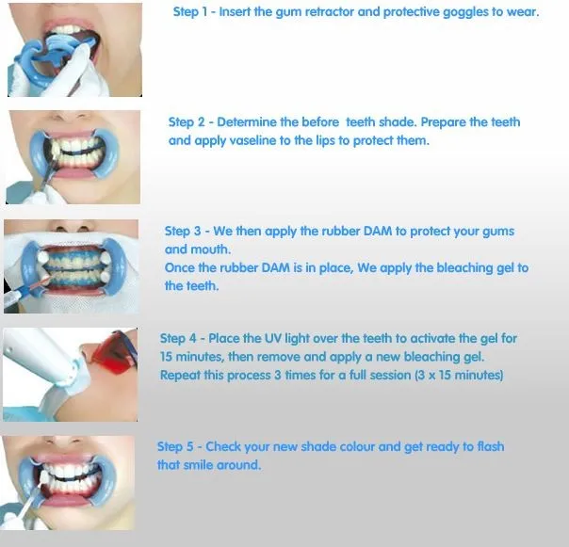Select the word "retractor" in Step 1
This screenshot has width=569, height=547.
(x=329, y=12)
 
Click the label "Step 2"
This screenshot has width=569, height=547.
(x=187, y=122)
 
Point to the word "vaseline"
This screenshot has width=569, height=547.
(x=253, y=140)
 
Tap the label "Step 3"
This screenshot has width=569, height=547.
(x=183, y=231)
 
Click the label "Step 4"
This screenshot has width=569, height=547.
(x=178, y=338)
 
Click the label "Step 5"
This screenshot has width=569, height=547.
(x=175, y=446)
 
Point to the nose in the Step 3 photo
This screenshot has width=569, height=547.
(x=72, y=227)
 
